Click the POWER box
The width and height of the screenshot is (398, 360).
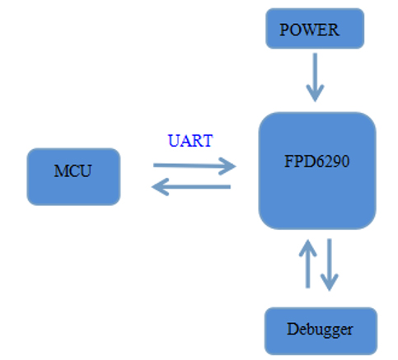pos(315,29)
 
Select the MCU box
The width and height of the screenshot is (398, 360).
pos(73,176)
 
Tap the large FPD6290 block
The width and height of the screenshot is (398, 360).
pos(317,171)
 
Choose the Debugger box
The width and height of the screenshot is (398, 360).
pos(321,331)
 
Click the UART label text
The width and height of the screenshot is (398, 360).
pos(190,141)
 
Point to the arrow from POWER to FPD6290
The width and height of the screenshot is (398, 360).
pos(315,77)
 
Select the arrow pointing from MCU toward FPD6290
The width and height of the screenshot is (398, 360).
pos(194,166)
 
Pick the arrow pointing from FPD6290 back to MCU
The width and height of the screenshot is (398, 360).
pos(191,187)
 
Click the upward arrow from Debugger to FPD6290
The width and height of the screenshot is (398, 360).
pos(308,264)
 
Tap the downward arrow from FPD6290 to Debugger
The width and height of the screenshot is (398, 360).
pos(330,264)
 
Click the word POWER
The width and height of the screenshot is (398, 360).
pos(309,30)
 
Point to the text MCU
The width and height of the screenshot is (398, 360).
pos(73,171)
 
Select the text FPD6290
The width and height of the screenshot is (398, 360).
pos(316,161)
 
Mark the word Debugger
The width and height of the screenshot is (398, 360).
pos(320,330)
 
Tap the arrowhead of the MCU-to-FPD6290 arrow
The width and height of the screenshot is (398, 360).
pos(227,166)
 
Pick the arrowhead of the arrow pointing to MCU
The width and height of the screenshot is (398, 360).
pos(160,187)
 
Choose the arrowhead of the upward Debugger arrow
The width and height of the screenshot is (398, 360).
pos(308,248)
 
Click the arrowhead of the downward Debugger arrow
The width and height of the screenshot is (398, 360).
pos(330,283)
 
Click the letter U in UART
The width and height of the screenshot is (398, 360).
pos(173,141)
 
